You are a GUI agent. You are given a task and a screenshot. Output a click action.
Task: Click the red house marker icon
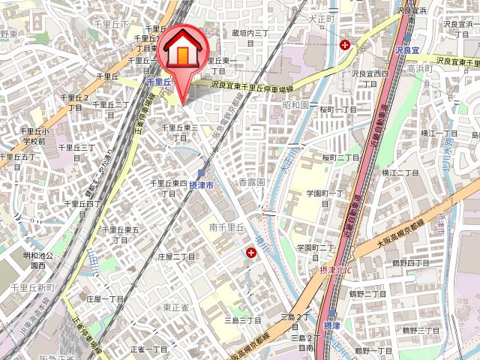(x=181, y=52)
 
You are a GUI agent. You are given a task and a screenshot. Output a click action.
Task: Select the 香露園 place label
(x=253, y=183)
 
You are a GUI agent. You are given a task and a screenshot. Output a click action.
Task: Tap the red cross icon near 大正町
(x=345, y=45)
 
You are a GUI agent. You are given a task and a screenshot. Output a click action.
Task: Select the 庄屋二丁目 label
(x=176, y=256)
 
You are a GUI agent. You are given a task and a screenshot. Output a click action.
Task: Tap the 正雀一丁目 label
(x=148, y=349)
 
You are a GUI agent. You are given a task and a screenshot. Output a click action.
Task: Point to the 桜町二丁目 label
(x=341, y=157)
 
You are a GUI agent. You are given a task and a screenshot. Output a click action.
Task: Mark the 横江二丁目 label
(x=400, y=172)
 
